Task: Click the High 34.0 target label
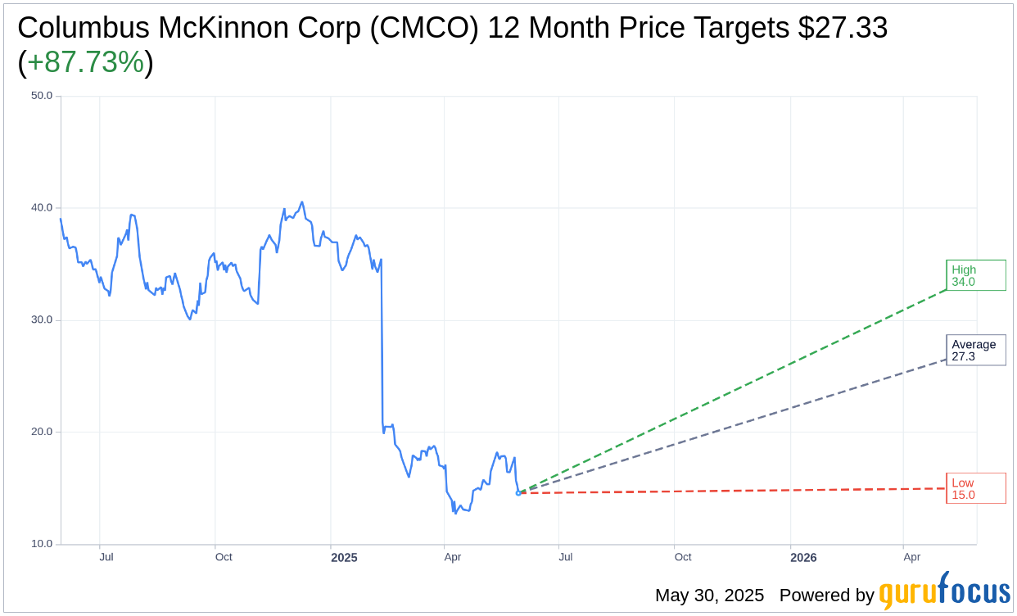pos(974,275)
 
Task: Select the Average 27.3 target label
pos(974,350)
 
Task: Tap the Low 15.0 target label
pos(974,488)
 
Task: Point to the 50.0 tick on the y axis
pos(41,95)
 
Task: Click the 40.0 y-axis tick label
pos(41,208)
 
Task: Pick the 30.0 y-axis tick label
pos(41,319)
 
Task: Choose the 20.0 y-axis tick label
pos(41,432)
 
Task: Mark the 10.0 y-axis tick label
pos(41,544)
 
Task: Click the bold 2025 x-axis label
pos(344,558)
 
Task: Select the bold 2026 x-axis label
pos(803,558)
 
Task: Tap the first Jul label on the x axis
pos(106,557)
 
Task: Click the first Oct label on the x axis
pos(224,557)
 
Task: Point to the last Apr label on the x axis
pos(912,557)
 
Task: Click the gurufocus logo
pos(944,591)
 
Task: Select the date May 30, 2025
pos(709,596)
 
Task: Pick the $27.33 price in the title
pos(843,28)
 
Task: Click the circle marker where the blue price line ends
pos(518,493)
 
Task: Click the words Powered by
pos(826,596)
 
